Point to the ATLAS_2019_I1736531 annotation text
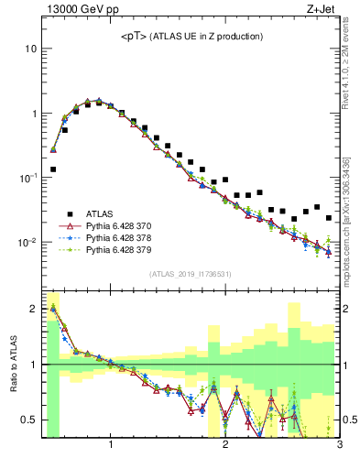click(x=191, y=274)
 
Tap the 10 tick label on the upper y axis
click(x=30, y=49)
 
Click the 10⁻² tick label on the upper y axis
click(x=28, y=243)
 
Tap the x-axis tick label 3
click(x=338, y=446)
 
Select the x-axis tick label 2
click(x=225, y=446)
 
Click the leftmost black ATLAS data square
click(x=53, y=169)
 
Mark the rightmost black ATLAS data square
click(x=329, y=218)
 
